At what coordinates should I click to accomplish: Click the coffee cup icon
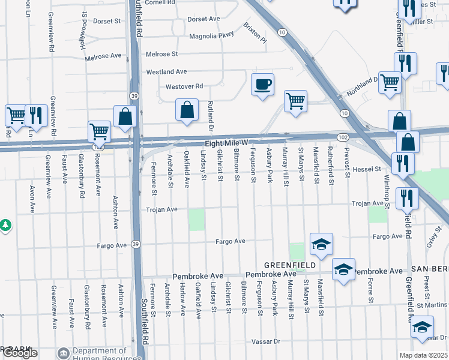[262, 84]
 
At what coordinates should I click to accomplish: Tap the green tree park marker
[5, 225]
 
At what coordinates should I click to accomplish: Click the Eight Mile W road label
[226, 143]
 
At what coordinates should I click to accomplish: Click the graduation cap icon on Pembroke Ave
[343, 269]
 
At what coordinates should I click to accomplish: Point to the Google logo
[20, 353]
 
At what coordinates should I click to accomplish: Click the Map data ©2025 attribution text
[424, 355]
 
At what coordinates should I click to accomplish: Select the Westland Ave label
[167, 72]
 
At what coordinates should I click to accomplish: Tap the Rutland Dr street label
[211, 115]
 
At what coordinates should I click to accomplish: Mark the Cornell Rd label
[158, 2]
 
